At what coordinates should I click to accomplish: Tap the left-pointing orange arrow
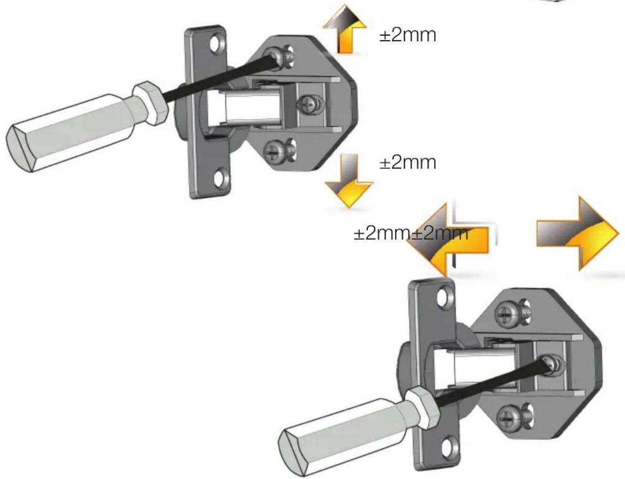448,239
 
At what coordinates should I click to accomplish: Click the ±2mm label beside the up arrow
408,35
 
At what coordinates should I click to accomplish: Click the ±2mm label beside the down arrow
408,163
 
